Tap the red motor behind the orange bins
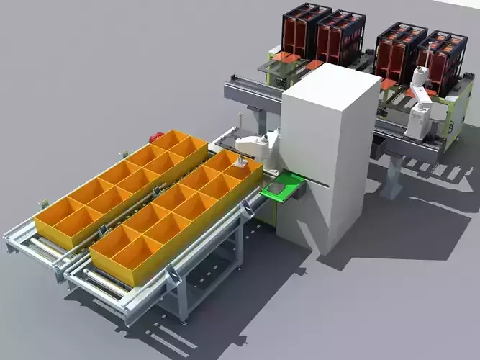[155, 135]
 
